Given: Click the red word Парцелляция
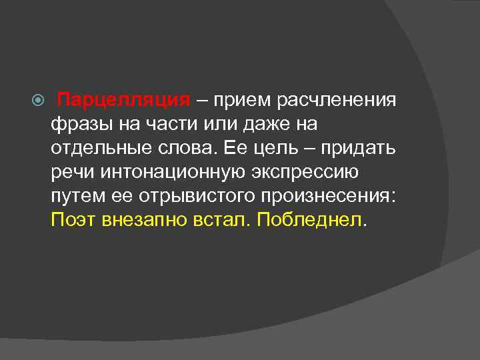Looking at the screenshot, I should [x=125, y=101].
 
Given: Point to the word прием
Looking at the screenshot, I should [x=236, y=101].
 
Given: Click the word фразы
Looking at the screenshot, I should [x=76, y=125].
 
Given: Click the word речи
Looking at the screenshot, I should [x=72, y=173].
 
